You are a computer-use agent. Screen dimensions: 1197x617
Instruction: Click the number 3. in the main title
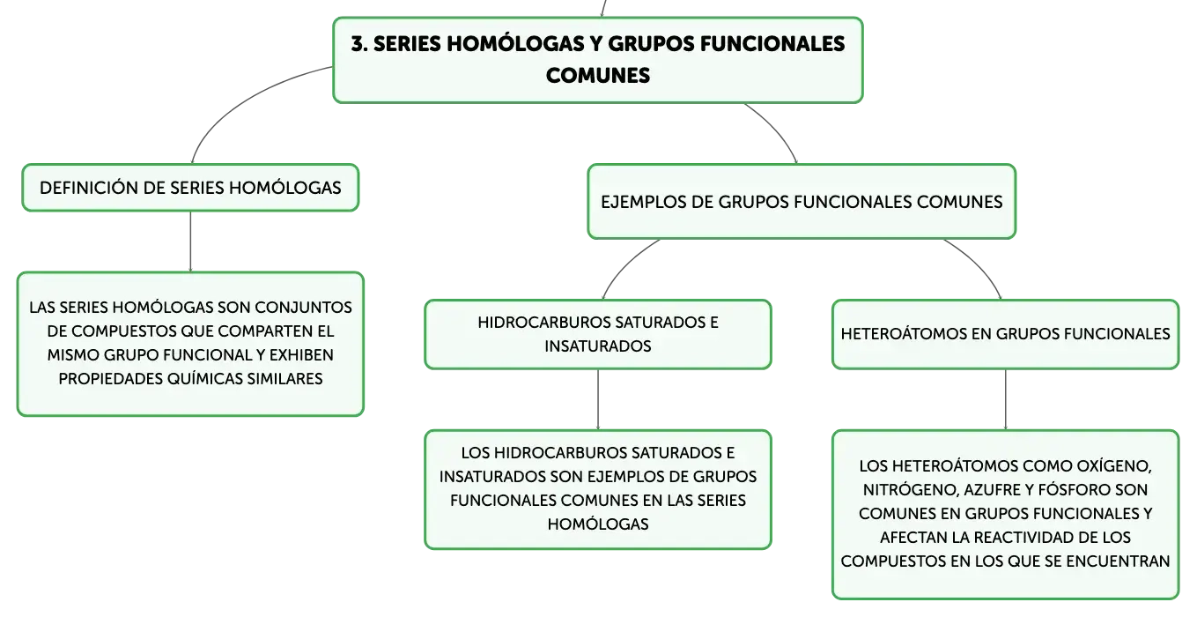359,44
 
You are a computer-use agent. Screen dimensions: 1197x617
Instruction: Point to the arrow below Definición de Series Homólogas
190,242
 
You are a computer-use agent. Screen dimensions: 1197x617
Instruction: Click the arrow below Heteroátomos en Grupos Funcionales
1006,399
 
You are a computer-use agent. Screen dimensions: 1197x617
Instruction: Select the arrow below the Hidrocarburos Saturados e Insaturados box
598,399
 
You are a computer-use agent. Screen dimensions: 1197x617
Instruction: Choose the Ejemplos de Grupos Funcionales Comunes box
802,202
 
